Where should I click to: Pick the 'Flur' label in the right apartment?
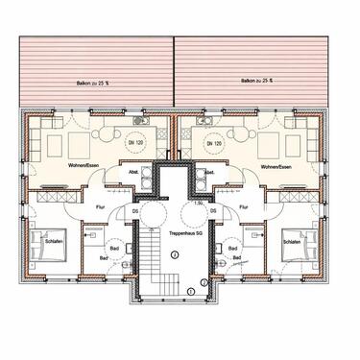pos(244,204)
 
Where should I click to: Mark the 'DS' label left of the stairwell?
pos(135,211)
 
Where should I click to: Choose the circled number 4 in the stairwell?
pos(175,254)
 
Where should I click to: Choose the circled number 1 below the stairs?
pos(190,291)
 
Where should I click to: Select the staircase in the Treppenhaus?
pos(154,269)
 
